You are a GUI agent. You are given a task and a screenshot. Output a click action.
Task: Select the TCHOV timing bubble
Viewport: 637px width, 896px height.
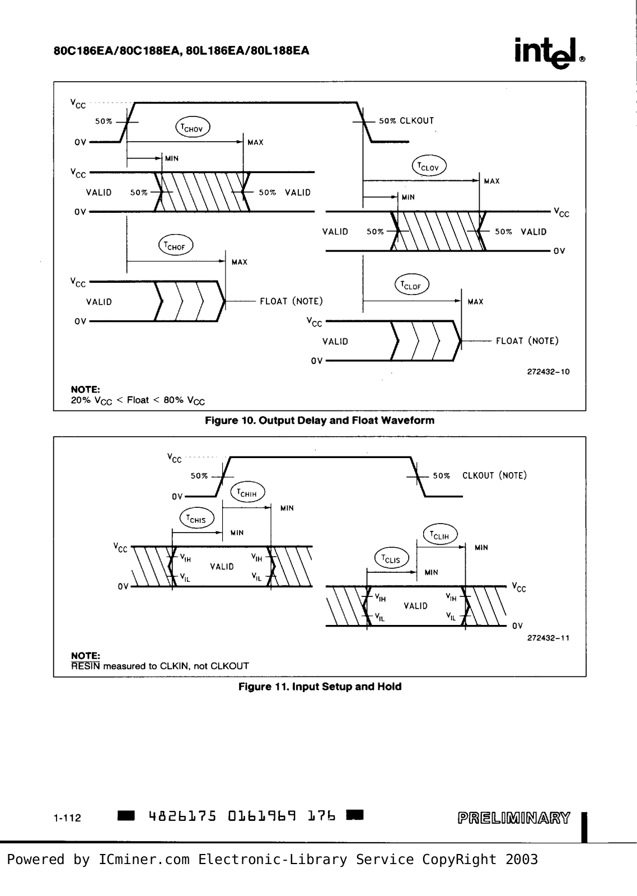point(193,128)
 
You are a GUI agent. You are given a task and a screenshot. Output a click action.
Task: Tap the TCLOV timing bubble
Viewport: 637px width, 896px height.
point(429,166)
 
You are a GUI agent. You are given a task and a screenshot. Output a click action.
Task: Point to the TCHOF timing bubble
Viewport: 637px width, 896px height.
point(176,245)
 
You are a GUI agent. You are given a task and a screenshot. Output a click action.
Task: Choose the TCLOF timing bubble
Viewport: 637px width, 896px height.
point(412,285)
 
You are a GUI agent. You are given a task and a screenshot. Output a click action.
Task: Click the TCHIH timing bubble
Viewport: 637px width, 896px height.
point(248,492)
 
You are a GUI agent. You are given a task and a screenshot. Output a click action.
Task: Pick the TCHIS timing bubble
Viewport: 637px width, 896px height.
point(196,519)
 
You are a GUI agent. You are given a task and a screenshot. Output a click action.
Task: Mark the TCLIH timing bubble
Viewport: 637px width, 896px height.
point(441,535)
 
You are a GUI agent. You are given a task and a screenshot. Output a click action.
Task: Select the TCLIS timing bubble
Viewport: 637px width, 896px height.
point(392,558)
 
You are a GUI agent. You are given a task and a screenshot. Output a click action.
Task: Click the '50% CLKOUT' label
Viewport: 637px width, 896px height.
point(406,121)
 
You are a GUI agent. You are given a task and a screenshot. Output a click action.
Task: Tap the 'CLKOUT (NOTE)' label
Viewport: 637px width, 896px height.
point(495,475)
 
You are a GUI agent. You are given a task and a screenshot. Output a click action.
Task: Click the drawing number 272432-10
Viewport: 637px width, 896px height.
point(548,372)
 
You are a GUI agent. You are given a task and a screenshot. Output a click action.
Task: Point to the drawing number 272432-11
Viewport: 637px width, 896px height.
point(548,638)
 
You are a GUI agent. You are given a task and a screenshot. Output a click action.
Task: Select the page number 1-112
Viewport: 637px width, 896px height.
point(67,818)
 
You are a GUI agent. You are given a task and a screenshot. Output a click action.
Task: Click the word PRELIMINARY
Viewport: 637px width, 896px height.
point(514,818)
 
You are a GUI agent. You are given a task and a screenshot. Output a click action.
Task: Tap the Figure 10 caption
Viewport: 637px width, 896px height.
point(320,421)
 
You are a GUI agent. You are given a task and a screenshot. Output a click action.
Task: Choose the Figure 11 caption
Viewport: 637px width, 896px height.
point(320,687)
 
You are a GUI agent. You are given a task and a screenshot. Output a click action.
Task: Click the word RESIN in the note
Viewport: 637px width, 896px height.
point(86,666)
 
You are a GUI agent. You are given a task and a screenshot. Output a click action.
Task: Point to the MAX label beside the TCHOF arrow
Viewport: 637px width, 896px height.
point(240,262)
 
